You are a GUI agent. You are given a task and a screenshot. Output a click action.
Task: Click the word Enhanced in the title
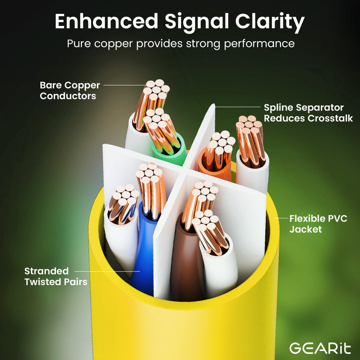click(x=106, y=21)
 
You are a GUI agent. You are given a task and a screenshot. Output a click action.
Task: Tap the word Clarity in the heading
click(x=270, y=22)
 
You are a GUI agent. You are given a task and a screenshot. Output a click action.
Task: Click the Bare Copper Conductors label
click(x=70, y=90)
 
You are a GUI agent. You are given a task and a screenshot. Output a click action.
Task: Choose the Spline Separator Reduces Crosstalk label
click(x=308, y=113)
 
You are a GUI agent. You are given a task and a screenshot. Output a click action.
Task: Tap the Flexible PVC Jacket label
click(x=318, y=224)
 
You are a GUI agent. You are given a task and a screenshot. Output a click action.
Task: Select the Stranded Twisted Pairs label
click(x=56, y=276)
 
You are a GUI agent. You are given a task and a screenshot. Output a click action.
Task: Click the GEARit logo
click(x=320, y=348)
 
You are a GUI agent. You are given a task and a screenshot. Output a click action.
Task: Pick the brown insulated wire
click(x=186, y=259)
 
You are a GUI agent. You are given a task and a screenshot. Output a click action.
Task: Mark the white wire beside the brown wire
click(x=219, y=266)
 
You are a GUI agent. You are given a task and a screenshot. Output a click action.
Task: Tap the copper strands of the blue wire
click(x=151, y=191)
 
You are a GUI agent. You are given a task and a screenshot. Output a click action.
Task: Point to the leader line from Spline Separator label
click(x=237, y=107)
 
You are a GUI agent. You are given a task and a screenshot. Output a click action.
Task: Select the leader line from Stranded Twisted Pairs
click(x=107, y=271)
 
